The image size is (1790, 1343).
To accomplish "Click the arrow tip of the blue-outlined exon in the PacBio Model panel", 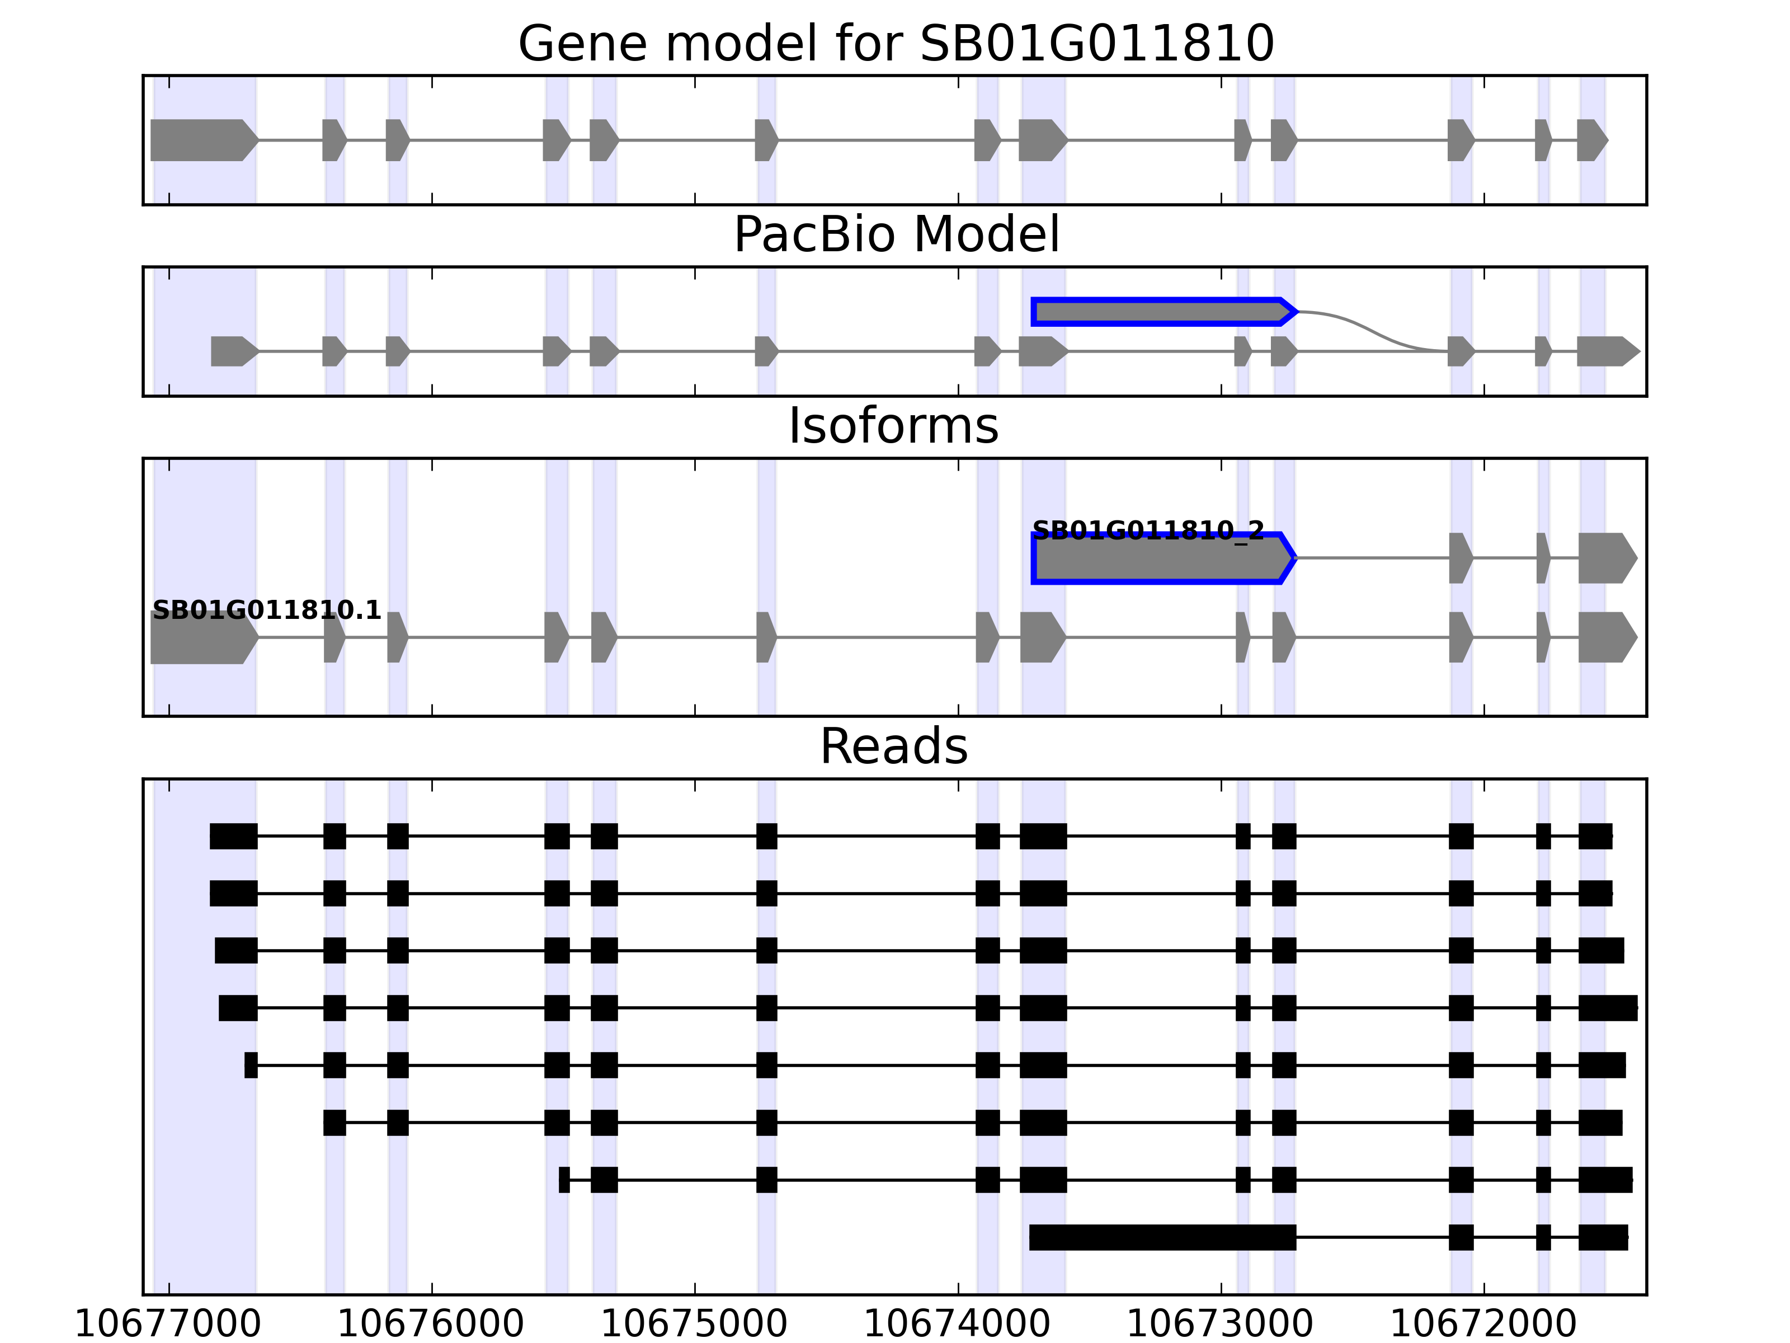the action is pos(1297,312).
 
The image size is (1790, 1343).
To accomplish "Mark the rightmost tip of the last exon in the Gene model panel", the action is pos(1608,140).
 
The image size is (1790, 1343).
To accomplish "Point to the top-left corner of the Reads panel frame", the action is pos(143,779).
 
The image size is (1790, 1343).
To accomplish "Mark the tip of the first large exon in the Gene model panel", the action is pos(259,140).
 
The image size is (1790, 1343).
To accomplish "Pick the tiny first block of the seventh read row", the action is pos(564,1180).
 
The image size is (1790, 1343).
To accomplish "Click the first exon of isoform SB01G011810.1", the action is pos(205,637).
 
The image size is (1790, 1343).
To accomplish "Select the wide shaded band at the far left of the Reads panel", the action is pos(205,1037).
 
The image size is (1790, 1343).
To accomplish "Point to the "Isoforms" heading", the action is pos(893,426).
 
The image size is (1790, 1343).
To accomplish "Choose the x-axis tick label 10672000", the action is pos(1483,1325).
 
